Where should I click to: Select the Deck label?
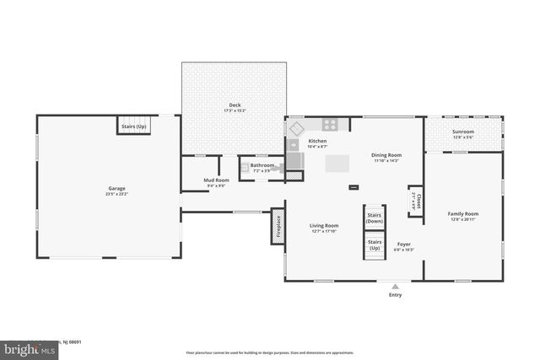235,106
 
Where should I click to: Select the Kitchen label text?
317,141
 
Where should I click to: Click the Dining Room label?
386,155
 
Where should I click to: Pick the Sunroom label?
463,132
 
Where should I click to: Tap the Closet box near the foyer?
416,201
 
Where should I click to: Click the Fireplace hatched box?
277,228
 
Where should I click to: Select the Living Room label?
325,226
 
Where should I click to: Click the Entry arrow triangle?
395,287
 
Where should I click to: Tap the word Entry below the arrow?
395,295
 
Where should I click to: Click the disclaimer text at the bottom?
269,352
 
